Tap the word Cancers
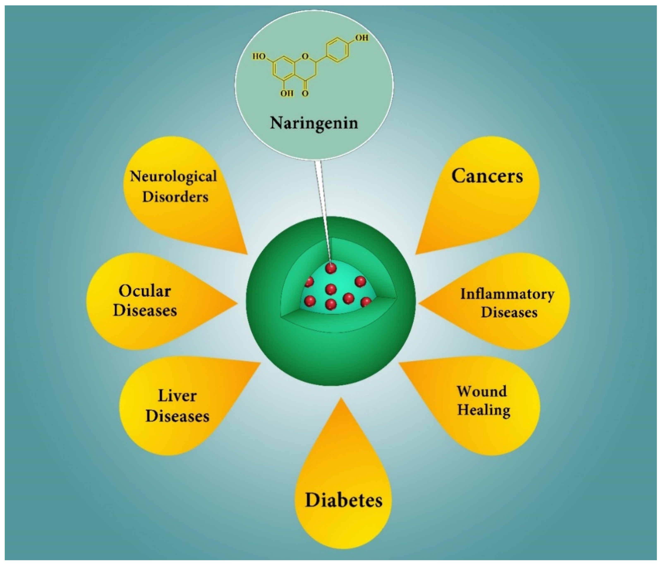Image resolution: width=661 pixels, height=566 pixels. (487, 176)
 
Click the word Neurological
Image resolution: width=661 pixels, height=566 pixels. (173, 177)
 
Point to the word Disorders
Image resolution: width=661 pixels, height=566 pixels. (175, 197)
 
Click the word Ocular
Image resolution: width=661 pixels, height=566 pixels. (145, 291)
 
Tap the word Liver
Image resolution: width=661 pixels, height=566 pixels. (177, 396)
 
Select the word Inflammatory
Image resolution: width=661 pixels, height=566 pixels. (507, 294)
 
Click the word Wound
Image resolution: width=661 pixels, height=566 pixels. (482, 391)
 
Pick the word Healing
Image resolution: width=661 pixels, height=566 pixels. (484, 410)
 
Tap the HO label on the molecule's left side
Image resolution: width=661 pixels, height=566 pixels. (259, 57)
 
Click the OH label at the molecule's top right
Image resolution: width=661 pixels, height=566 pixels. (362, 38)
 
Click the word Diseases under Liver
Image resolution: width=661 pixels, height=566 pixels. (177, 416)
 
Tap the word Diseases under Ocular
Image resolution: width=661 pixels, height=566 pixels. (145, 310)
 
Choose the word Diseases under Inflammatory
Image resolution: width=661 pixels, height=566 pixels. (509, 312)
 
